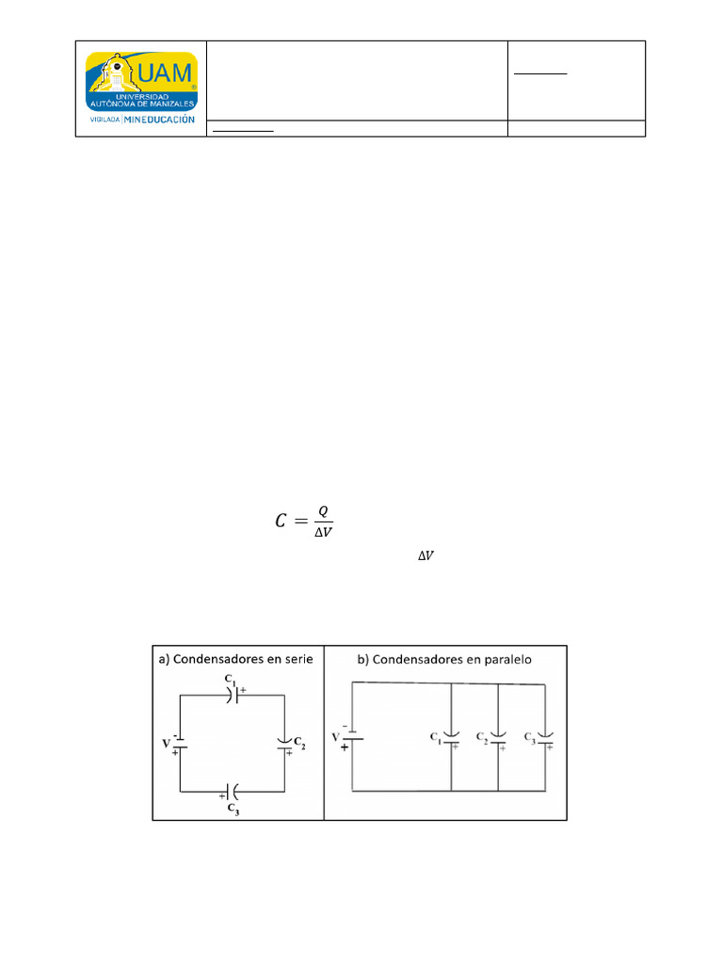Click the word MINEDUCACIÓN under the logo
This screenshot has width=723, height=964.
[x=159, y=120]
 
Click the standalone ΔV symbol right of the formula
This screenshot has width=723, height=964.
[x=426, y=557]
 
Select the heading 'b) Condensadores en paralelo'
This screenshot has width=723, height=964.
[x=442, y=660]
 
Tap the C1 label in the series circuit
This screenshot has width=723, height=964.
[x=229, y=678]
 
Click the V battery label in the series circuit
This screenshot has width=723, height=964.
[x=165, y=744]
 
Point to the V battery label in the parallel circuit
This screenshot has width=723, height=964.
[x=336, y=735]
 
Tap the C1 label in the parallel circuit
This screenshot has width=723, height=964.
[x=436, y=737]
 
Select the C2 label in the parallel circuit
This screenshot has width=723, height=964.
[x=482, y=737]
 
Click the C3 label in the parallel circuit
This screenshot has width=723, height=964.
[x=529, y=736]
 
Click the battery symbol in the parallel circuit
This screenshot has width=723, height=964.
[x=352, y=738]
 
